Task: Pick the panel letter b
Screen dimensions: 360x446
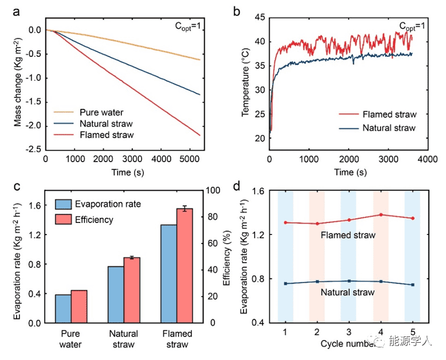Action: coord(238,10)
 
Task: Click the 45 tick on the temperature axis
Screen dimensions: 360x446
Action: coord(259,18)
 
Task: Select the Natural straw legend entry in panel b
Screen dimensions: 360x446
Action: coord(389,127)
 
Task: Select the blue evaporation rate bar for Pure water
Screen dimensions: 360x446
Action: coord(63,308)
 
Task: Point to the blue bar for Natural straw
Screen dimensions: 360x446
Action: coord(116,295)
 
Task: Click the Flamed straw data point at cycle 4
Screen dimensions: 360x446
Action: coord(381,214)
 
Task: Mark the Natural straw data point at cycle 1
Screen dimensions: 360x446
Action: coord(285,284)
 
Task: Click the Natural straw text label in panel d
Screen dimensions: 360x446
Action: coord(348,292)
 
